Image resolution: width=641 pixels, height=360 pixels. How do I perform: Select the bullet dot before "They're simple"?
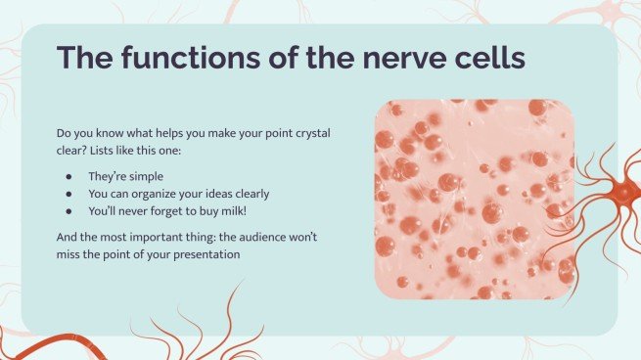click(x=68, y=176)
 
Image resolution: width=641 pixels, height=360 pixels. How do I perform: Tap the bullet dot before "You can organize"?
click(x=68, y=193)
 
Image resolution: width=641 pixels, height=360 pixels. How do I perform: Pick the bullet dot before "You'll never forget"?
click(x=68, y=209)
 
